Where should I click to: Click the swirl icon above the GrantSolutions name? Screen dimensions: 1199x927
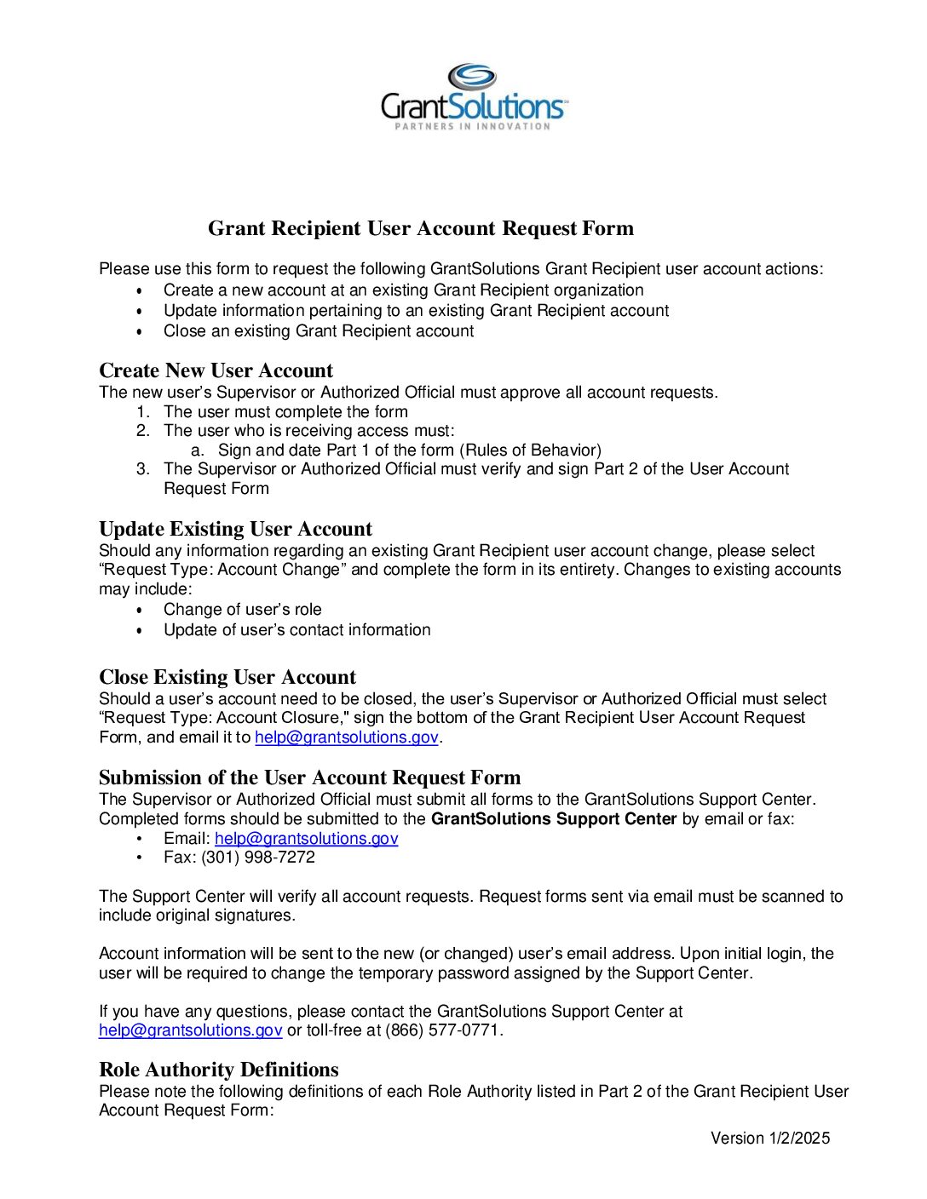point(472,77)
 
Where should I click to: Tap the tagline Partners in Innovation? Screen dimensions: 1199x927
point(472,126)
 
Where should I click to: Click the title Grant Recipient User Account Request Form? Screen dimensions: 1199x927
point(421,228)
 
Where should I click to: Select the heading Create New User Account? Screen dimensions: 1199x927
point(216,370)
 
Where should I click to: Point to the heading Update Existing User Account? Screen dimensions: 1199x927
point(235,529)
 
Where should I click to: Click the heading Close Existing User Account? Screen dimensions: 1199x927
point(227,677)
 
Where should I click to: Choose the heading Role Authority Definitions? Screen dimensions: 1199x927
point(219,1070)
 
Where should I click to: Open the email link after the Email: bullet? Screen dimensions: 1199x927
point(306,839)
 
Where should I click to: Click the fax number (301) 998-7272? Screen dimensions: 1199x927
point(258,858)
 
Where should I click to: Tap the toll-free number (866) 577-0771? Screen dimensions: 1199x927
point(443,1030)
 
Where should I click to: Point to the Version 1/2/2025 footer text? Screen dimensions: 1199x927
point(770,1139)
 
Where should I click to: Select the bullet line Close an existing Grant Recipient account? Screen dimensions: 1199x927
point(319,331)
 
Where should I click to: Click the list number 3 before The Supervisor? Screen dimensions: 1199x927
point(142,469)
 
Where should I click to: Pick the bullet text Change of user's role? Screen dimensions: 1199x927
point(243,610)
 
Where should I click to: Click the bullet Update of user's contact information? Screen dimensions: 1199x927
point(297,630)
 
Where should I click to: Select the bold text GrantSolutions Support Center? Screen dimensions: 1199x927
point(554,819)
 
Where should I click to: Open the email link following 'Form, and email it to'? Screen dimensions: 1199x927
point(347,737)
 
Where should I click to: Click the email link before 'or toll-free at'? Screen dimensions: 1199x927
point(190,1030)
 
